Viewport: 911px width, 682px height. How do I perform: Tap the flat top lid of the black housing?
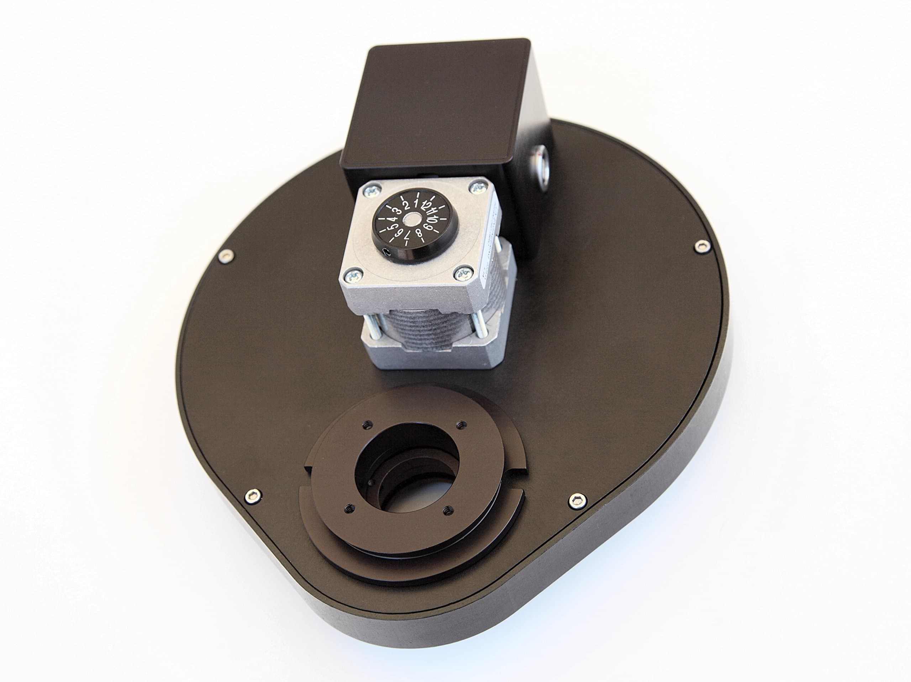(437, 103)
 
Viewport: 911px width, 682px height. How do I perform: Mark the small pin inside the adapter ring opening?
(372, 483)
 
